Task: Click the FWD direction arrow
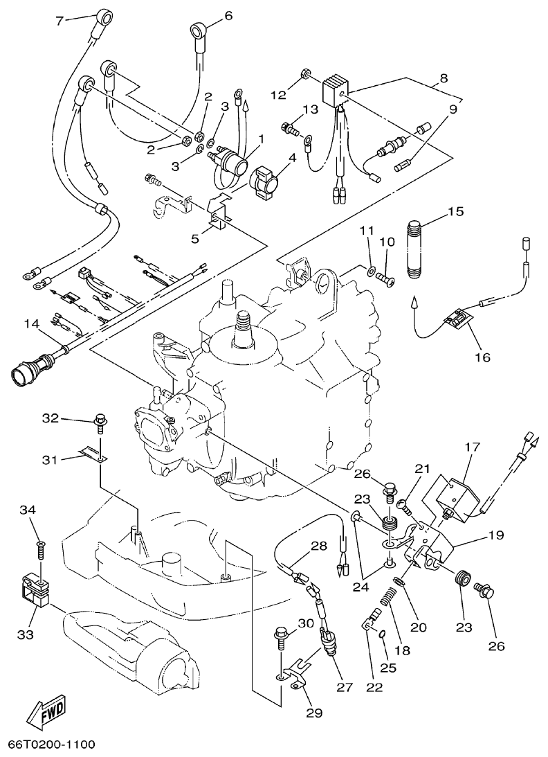tap(46, 711)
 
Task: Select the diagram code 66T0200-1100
tap(51, 745)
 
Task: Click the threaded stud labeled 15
tap(415, 250)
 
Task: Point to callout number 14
tap(31, 323)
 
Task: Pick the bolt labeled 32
tap(101, 422)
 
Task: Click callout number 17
tap(473, 447)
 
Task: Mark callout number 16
tap(482, 357)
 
